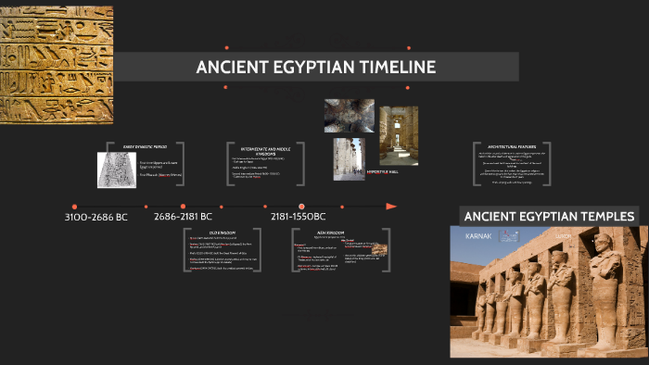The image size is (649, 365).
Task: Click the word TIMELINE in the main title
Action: click(x=392, y=68)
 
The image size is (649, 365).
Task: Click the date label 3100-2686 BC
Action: click(x=95, y=217)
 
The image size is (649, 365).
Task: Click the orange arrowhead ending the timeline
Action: click(x=391, y=206)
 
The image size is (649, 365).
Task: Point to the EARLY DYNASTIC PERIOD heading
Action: click(x=142, y=146)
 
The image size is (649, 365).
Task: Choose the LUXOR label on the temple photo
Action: click(x=564, y=236)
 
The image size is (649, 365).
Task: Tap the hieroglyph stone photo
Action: click(x=56, y=66)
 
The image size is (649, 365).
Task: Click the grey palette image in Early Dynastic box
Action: click(x=117, y=170)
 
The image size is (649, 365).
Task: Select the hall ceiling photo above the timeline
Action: click(x=349, y=116)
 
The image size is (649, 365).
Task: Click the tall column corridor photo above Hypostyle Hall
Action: click(x=399, y=134)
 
